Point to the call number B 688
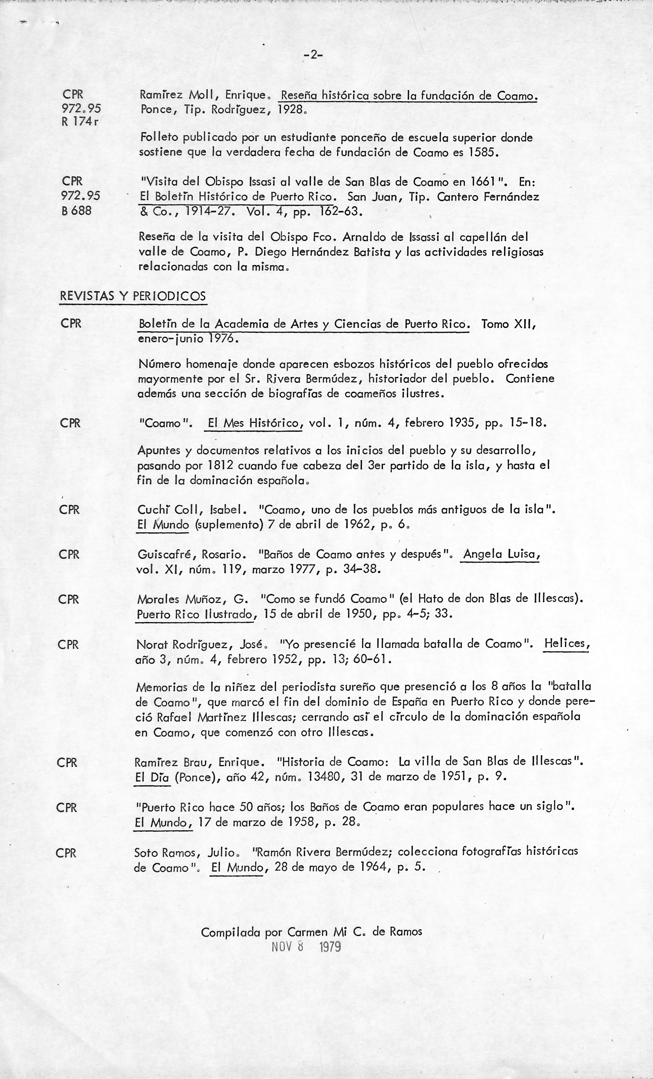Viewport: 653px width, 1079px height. [x=77, y=211]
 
